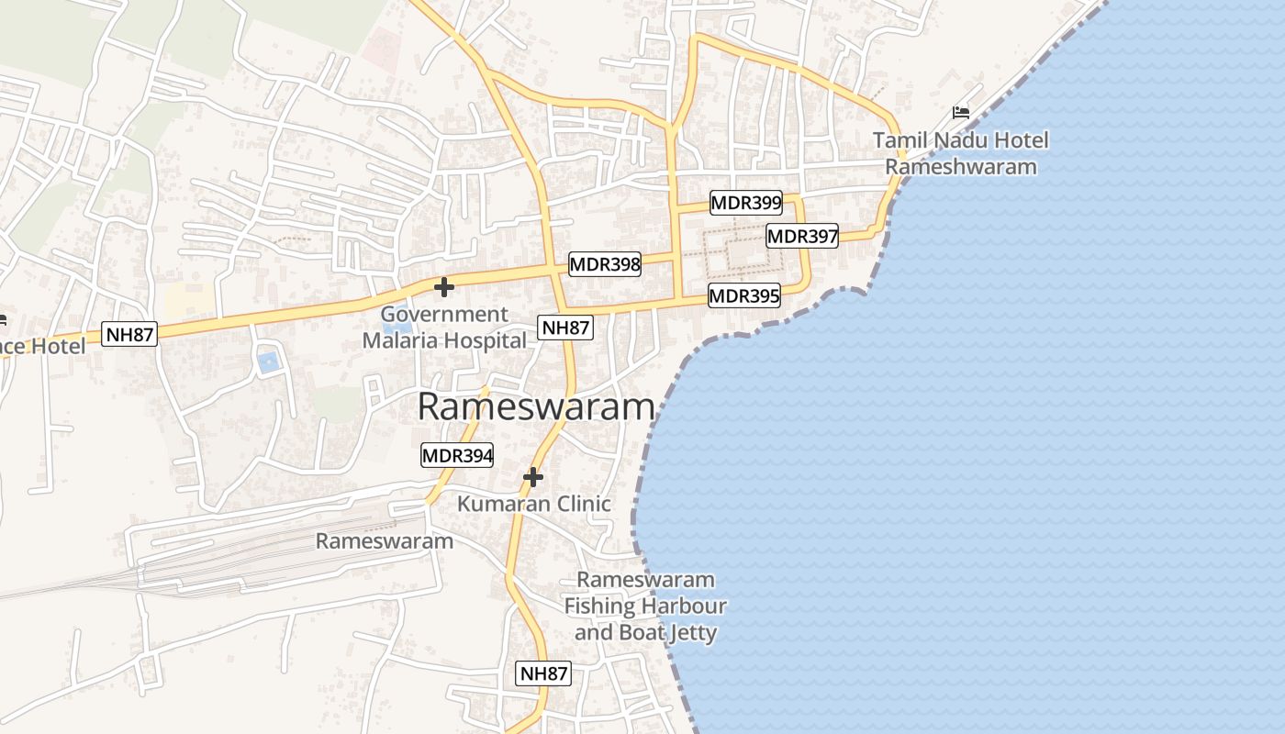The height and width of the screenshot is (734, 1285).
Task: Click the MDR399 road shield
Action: (x=746, y=202)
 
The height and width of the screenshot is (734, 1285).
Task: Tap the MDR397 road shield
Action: (x=802, y=236)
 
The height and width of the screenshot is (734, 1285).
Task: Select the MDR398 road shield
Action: (x=605, y=264)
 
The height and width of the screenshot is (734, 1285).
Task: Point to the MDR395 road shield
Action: (x=744, y=295)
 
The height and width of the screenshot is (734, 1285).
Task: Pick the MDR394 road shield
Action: (x=457, y=454)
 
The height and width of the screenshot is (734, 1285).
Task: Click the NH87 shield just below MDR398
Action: (x=565, y=328)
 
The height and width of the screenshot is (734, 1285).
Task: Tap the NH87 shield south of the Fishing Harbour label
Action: (x=544, y=673)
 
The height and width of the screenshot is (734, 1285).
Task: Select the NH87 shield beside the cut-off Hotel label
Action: (x=130, y=334)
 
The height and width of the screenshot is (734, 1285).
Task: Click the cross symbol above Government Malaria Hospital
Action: (x=444, y=287)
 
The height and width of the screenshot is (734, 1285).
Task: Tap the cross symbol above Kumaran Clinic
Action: (x=533, y=477)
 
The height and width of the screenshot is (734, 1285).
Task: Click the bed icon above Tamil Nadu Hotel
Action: (x=961, y=112)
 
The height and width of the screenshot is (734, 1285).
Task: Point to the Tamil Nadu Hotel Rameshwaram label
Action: (x=960, y=154)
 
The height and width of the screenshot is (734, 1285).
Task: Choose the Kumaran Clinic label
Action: (x=534, y=504)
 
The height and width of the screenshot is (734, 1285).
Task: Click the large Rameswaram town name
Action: (x=536, y=407)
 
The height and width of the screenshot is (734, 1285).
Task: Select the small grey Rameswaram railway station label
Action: (x=385, y=541)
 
